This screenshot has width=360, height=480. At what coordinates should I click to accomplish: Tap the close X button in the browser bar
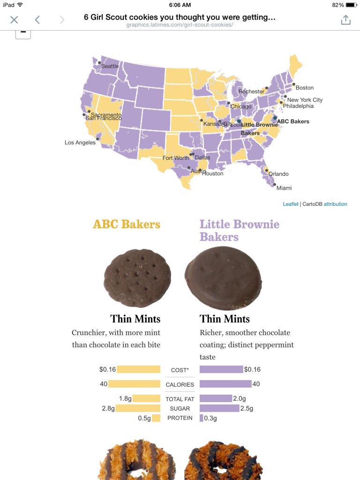(x=14, y=20)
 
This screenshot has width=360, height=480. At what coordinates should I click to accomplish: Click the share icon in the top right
(x=345, y=20)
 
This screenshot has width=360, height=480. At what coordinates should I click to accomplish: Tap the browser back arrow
(x=37, y=20)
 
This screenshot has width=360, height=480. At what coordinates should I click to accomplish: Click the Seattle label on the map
(x=110, y=66)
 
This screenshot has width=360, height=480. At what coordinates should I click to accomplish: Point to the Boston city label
(x=305, y=88)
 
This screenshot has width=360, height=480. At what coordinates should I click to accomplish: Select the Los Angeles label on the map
(x=80, y=142)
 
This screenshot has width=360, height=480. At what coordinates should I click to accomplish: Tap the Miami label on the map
(x=284, y=188)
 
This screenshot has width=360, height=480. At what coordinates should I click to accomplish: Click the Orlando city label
(x=278, y=174)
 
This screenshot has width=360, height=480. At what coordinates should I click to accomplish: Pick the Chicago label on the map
(x=241, y=106)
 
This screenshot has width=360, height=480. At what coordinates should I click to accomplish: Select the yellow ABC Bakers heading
(x=127, y=224)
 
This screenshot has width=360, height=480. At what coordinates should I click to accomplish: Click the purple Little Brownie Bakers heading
(x=239, y=230)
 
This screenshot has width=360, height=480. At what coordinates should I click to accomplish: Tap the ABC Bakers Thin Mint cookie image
(x=137, y=278)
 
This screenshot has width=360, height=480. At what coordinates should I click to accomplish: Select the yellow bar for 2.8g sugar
(x=138, y=408)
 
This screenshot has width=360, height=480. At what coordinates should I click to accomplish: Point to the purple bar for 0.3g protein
(x=202, y=418)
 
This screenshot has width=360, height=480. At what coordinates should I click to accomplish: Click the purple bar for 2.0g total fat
(x=216, y=398)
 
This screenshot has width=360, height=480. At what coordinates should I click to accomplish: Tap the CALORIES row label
(x=180, y=384)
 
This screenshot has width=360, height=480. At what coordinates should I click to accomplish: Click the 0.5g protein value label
(x=144, y=418)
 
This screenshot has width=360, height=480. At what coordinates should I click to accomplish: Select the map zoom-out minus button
(x=23, y=33)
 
